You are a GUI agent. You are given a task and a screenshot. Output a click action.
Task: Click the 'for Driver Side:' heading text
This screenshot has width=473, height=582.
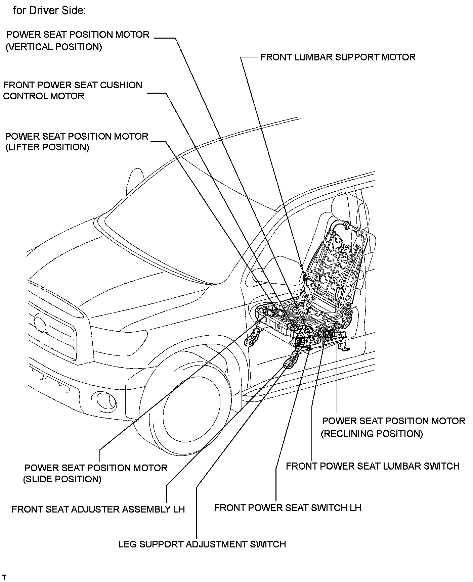pos(49,11)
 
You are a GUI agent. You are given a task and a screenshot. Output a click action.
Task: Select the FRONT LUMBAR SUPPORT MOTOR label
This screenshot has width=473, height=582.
pos(338,57)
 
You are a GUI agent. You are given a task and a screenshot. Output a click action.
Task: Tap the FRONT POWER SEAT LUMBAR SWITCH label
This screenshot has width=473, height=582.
pos(373,466)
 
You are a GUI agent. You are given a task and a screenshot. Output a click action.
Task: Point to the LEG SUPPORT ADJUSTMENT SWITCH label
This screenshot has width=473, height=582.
pos(202,544)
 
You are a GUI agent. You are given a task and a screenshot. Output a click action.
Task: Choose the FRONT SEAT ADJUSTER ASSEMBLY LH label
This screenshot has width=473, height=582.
pos(98,509)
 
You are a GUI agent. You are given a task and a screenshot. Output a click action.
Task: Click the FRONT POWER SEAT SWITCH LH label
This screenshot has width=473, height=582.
pos(288,507)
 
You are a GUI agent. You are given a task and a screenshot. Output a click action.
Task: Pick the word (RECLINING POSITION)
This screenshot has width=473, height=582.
pos(372,434)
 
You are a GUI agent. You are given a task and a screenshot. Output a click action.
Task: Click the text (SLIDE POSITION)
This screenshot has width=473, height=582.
pos(62,479)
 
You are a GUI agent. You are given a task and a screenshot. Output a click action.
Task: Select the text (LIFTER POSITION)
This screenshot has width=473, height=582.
pos(47,147)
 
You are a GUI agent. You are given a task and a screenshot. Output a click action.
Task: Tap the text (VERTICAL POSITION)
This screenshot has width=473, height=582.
pos(54,47)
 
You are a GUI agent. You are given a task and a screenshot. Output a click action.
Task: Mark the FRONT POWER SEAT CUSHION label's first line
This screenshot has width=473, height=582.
pos(73,85)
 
